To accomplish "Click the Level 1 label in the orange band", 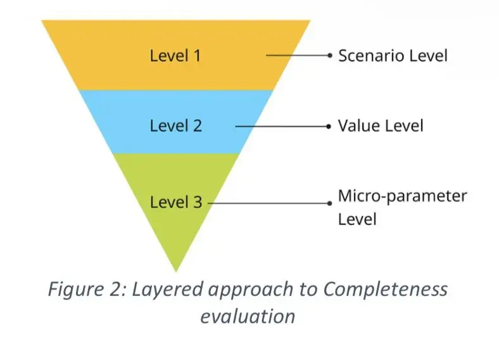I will click(175, 55).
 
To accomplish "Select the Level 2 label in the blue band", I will click(175, 125).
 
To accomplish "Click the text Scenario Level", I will click(393, 55).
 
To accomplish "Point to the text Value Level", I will click(380, 125).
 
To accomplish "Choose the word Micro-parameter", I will click(402, 195).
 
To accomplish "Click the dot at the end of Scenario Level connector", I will click(329, 55).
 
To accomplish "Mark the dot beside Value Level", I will click(329, 126).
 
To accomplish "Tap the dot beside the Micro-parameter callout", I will click(329, 203).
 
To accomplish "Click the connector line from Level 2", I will click(282, 126).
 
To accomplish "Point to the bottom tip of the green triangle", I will click(175, 271).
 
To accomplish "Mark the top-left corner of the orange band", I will click(43, 21).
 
